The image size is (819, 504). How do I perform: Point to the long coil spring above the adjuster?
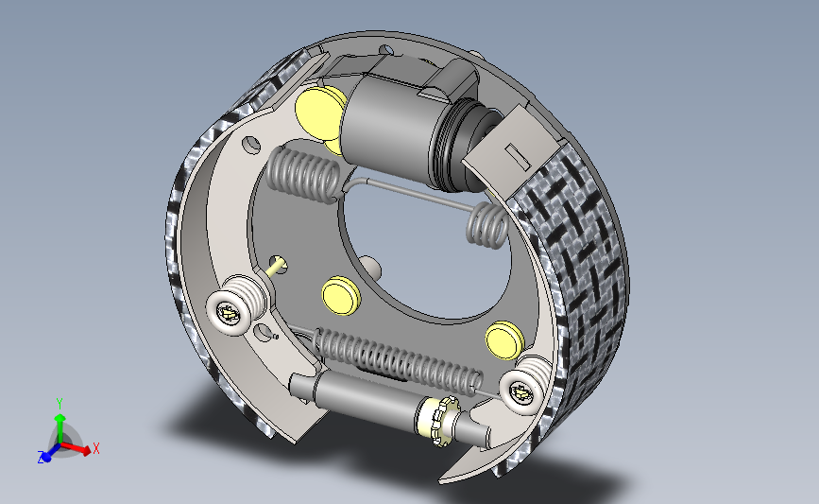click(x=397, y=361)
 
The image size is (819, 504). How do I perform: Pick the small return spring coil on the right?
click(x=487, y=225)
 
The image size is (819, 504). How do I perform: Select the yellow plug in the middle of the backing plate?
click(x=342, y=295)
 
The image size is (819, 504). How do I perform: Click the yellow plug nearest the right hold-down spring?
click(x=504, y=340)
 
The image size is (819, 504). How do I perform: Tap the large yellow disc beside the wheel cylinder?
click(x=318, y=113)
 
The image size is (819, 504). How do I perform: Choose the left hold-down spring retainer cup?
click(x=230, y=314)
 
